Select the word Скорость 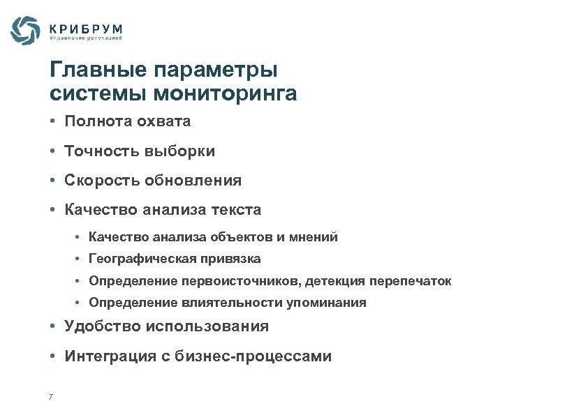click(x=102, y=181)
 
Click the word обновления click(x=193, y=181)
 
